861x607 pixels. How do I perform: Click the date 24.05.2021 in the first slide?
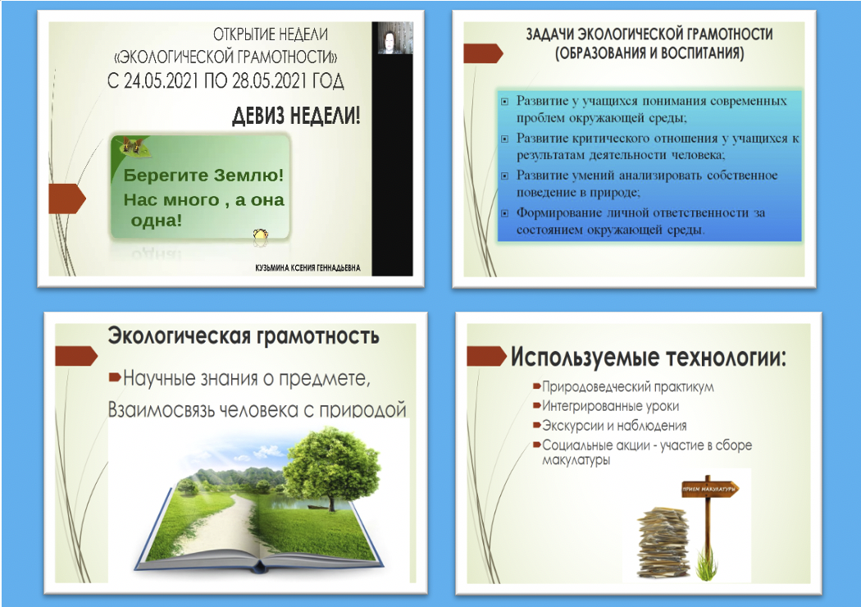pyautogui.click(x=161, y=81)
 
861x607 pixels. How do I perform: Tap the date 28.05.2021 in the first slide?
pyautogui.click(x=269, y=81)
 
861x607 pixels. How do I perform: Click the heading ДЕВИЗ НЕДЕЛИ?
pyautogui.click(x=297, y=116)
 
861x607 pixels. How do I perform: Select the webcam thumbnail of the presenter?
pyautogui.click(x=392, y=38)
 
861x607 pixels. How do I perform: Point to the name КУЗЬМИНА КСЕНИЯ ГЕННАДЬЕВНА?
pyautogui.click(x=307, y=268)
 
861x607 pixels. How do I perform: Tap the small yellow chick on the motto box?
pyautogui.click(x=260, y=235)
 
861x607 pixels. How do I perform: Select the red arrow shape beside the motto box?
pyautogui.click(x=67, y=199)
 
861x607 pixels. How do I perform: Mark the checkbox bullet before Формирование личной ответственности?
pyautogui.click(x=504, y=213)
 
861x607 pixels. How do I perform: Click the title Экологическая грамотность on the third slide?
pyautogui.click(x=244, y=335)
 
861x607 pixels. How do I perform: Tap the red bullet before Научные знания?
pyautogui.click(x=115, y=377)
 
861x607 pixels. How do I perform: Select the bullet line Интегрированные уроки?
pyautogui.click(x=606, y=406)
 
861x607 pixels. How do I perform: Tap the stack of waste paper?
pyautogui.click(x=663, y=542)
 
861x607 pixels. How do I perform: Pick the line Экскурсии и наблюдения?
pyautogui.click(x=610, y=426)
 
